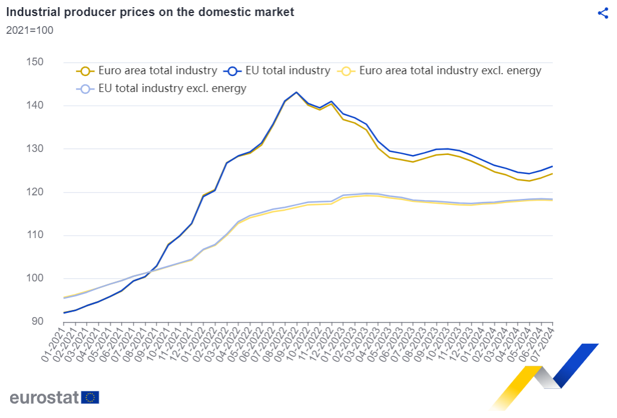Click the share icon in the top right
(x=603, y=13)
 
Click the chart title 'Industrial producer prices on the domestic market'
(x=150, y=12)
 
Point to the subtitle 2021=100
(x=30, y=30)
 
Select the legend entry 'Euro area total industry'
(x=146, y=71)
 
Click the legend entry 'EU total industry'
(x=277, y=71)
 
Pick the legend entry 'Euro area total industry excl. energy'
(x=439, y=71)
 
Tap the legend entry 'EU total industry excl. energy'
(x=162, y=88)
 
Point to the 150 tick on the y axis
(x=34, y=62)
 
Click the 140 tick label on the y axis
(x=34, y=105)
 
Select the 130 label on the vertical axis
(x=34, y=148)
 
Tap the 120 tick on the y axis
(x=34, y=192)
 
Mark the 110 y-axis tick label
(x=34, y=235)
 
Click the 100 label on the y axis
(x=34, y=278)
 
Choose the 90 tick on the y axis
(x=37, y=321)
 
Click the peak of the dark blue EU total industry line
(x=296, y=93)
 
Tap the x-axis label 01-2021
(x=53, y=344)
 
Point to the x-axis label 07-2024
(x=542, y=344)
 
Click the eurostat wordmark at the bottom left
(x=44, y=398)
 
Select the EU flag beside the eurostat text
(x=90, y=398)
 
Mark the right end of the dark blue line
(x=552, y=166)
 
